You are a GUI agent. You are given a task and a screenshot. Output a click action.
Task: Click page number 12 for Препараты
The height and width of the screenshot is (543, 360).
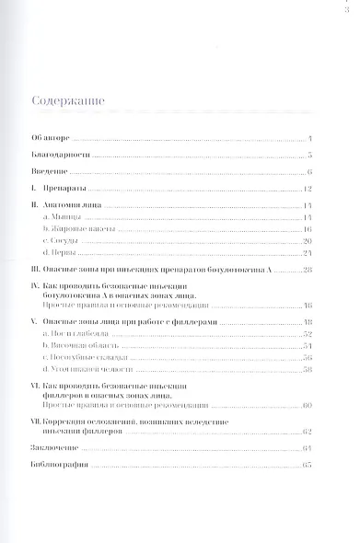pyautogui.click(x=308, y=190)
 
